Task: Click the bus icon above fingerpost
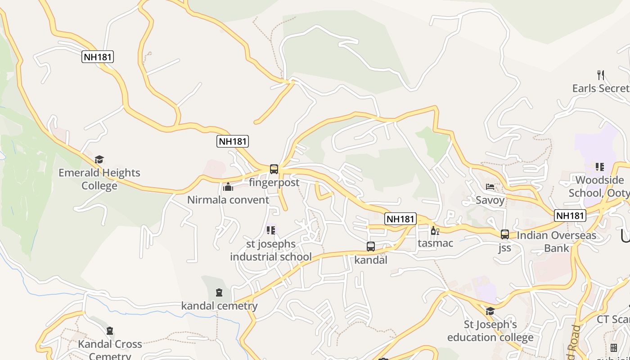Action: [274, 169]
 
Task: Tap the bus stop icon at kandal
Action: [371, 247]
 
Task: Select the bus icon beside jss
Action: [505, 234]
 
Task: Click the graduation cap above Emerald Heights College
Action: [99, 159]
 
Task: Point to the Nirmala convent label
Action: [228, 200]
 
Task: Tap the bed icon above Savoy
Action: [490, 187]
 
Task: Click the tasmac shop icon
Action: [435, 231]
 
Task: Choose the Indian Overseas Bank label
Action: [556, 242]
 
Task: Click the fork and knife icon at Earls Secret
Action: [600, 75]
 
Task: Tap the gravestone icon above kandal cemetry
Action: [219, 293]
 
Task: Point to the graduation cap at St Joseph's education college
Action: [490, 311]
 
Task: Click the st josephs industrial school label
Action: [271, 250]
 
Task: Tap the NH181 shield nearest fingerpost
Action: [232, 141]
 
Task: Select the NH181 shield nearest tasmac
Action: [400, 219]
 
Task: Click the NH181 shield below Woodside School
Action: [570, 216]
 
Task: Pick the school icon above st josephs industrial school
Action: [270, 230]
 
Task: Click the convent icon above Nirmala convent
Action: [228, 187]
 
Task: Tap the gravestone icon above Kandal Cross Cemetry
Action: [110, 331]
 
